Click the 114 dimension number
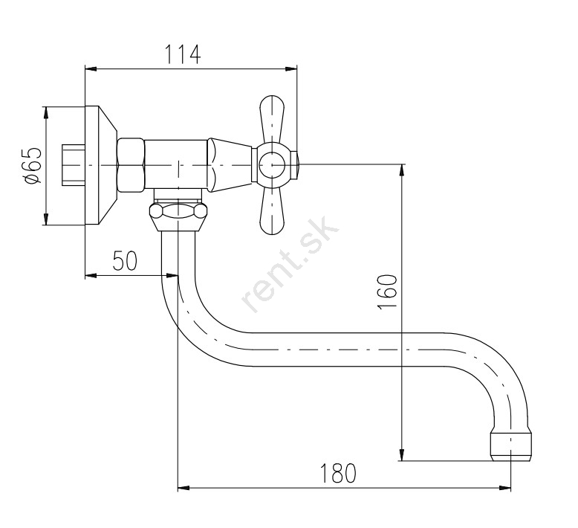[183, 54]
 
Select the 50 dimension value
[125, 260]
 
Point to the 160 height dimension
[387, 292]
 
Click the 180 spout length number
[338, 474]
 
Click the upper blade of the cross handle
[272, 119]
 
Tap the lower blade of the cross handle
[272, 210]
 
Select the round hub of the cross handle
[272, 164]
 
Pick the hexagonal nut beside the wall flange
[131, 165]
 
